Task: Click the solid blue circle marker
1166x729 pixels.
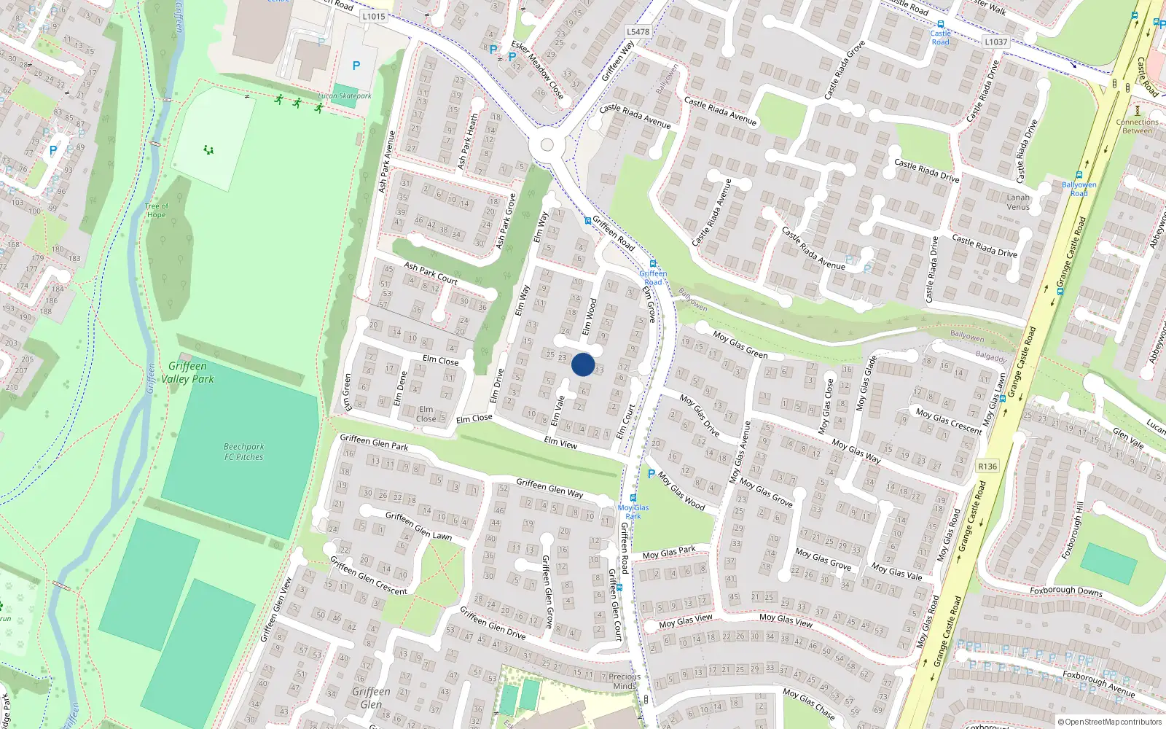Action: click(x=583, y=364)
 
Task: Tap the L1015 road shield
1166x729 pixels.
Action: click(x=373, y=16)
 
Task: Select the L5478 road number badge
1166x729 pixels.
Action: click(x=638, y=31)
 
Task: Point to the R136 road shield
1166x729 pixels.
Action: click(x=987, y=466)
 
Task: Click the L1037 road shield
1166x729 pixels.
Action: click(x=995, y=42)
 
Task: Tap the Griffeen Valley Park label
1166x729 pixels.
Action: click(x=188, y=373)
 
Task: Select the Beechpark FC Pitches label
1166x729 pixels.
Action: click(x=243, y=452)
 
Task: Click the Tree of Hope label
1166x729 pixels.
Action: click(x=156, y=211)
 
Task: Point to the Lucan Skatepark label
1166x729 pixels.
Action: click(x=345, y=96)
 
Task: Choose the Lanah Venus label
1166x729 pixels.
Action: click(x=1018, y=202)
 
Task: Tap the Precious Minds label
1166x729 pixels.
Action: click(x=625, y=682)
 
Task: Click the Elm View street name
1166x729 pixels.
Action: click(x=560, y=443)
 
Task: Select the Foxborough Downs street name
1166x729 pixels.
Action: click(x=1065, y=590)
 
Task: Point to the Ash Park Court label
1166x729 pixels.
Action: click(x=431, y=273)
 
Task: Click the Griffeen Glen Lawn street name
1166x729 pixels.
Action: click(x=418, y=526)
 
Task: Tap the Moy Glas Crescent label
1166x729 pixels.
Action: click(x=949, y=421)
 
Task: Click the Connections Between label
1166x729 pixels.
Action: click(x=1137, y=126)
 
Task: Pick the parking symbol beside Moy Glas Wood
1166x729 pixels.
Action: click(x=651, y=474)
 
